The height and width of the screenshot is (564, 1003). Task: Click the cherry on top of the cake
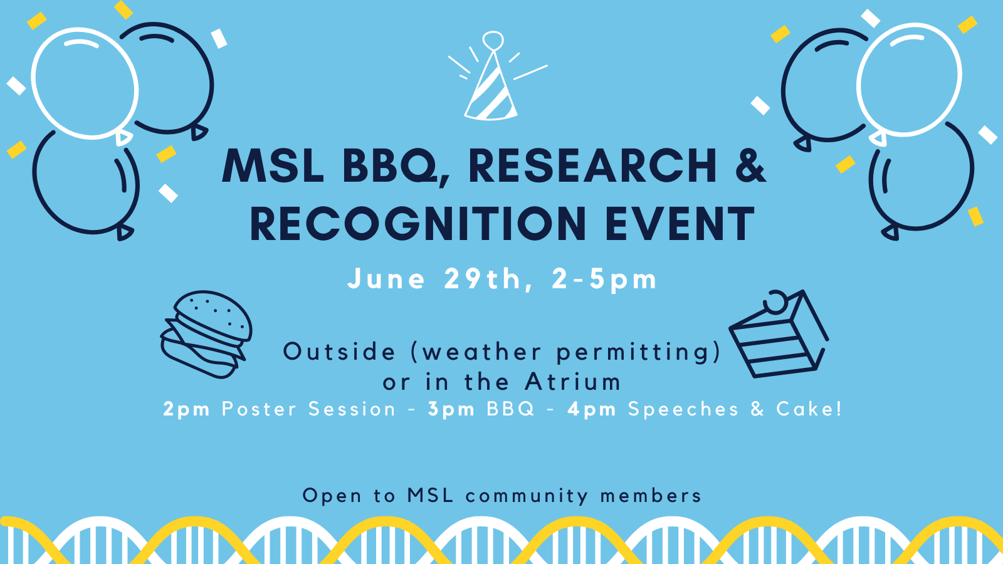(x=775, y=301)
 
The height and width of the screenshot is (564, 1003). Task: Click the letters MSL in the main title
(x=273, y=166)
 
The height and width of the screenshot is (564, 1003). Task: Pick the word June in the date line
(x=386, y=279)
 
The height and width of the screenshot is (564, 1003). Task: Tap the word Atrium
(x=573, y=382)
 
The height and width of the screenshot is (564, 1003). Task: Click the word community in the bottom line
(x=527, y=496)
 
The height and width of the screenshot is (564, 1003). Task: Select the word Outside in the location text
(x=339, y=352)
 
